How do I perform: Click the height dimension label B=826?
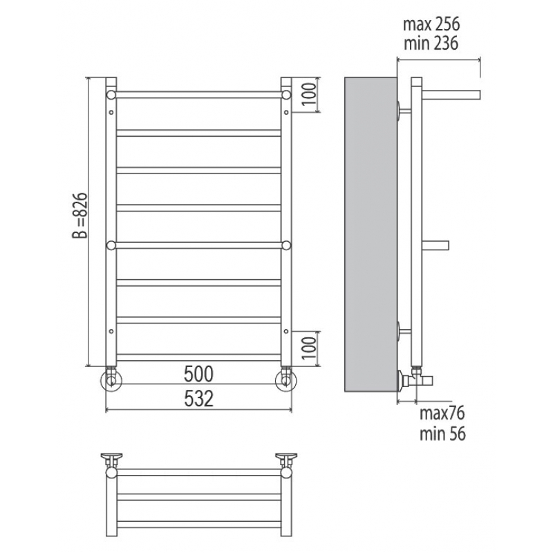[79, 216]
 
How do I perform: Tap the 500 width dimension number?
[198, 374]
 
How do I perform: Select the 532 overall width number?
[198, 399]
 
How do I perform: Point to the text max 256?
[431, 24]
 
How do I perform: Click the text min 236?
[431, 43]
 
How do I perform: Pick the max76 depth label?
[442, 413]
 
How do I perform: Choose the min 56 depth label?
[442, 433]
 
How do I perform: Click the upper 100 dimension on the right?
[309, 94]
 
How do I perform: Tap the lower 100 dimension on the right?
[309, 348]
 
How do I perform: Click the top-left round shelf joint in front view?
[111, 95]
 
